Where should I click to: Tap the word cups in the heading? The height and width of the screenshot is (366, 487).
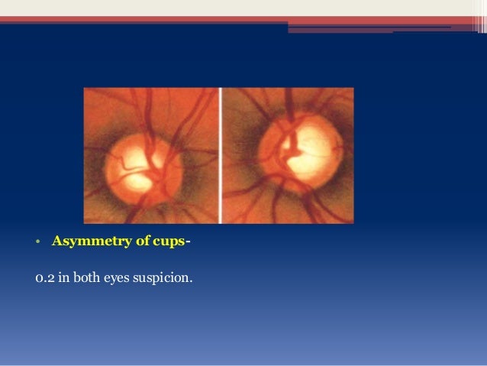[169, 242]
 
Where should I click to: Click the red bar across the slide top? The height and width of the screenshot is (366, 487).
[243, 19]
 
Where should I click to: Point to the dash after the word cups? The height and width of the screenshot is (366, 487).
[188, 242]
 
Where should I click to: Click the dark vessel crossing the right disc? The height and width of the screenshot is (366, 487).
[289, 149]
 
